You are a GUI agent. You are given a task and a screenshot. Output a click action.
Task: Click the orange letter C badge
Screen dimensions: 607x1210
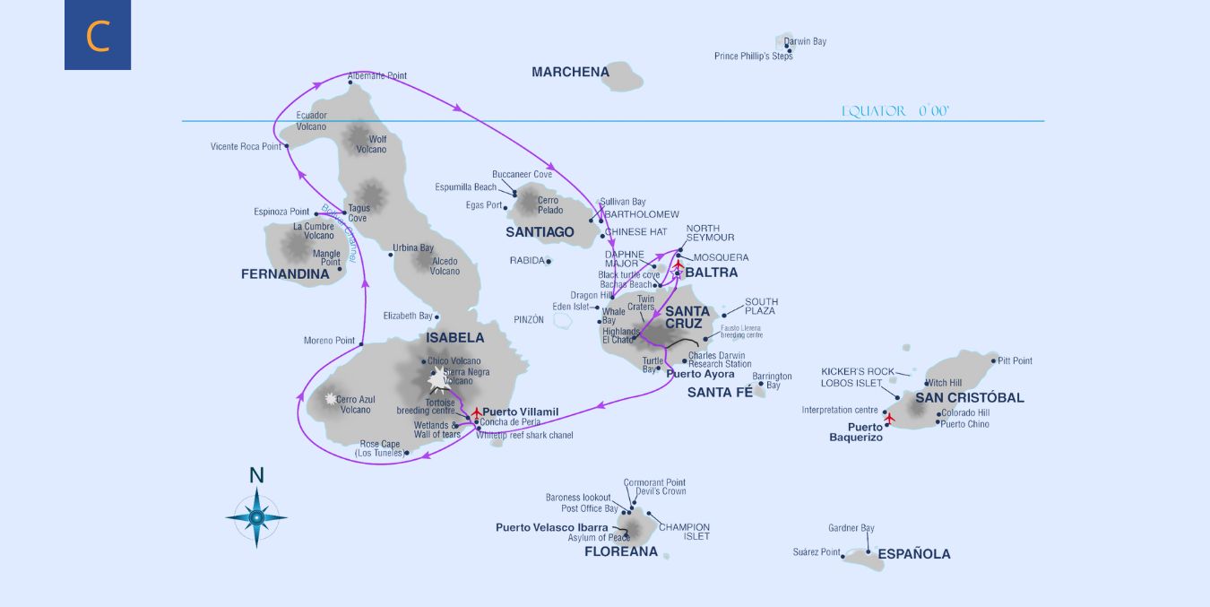[98, 35]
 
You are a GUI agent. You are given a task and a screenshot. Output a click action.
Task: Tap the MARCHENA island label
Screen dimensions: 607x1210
[570, 72]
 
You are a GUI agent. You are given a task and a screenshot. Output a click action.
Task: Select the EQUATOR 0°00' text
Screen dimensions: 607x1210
[895, 111]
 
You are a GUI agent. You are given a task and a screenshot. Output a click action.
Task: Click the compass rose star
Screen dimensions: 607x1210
[256, 516]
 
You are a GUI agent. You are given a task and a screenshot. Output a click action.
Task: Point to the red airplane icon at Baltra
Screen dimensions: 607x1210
[678, 266]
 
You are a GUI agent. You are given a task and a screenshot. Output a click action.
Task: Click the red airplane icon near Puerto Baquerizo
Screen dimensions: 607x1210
[889, 418]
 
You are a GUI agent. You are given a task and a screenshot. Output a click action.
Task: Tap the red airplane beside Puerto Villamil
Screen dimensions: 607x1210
[476, 412]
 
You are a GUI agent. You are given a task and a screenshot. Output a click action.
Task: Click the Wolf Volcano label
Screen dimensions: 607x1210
[377, 144]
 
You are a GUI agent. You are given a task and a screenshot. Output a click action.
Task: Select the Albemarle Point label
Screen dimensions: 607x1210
[376, 76]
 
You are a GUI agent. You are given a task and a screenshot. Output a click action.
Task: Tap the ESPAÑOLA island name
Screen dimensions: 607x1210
[913, 554]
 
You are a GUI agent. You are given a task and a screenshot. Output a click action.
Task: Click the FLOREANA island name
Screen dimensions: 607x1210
[620, 551]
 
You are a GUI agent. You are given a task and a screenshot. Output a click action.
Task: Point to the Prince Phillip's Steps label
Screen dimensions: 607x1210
[753, 56]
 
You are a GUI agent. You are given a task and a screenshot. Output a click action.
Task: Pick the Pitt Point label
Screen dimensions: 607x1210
[1015, 360]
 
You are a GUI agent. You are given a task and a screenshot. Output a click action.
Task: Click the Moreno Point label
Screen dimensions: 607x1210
[329, 341]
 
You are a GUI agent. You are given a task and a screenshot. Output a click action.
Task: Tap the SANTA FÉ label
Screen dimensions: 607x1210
[719, 392]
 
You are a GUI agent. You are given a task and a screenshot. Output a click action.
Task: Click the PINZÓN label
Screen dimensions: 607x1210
[529, 319]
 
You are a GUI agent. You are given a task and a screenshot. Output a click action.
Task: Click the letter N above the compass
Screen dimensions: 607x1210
[256, 475]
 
